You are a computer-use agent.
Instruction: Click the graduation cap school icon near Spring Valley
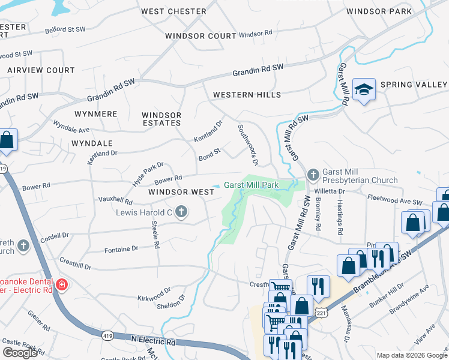364,89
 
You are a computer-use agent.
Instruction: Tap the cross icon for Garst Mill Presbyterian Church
312,175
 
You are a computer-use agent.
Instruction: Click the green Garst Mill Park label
251,185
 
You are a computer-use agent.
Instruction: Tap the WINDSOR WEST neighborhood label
181,192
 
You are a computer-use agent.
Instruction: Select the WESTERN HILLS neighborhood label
247,95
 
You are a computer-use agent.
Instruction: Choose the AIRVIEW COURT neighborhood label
41,70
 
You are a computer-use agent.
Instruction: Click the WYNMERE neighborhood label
95,113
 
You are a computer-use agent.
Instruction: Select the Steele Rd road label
155,235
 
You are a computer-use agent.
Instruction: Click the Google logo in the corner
20,353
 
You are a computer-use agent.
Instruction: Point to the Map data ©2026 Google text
411,355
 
